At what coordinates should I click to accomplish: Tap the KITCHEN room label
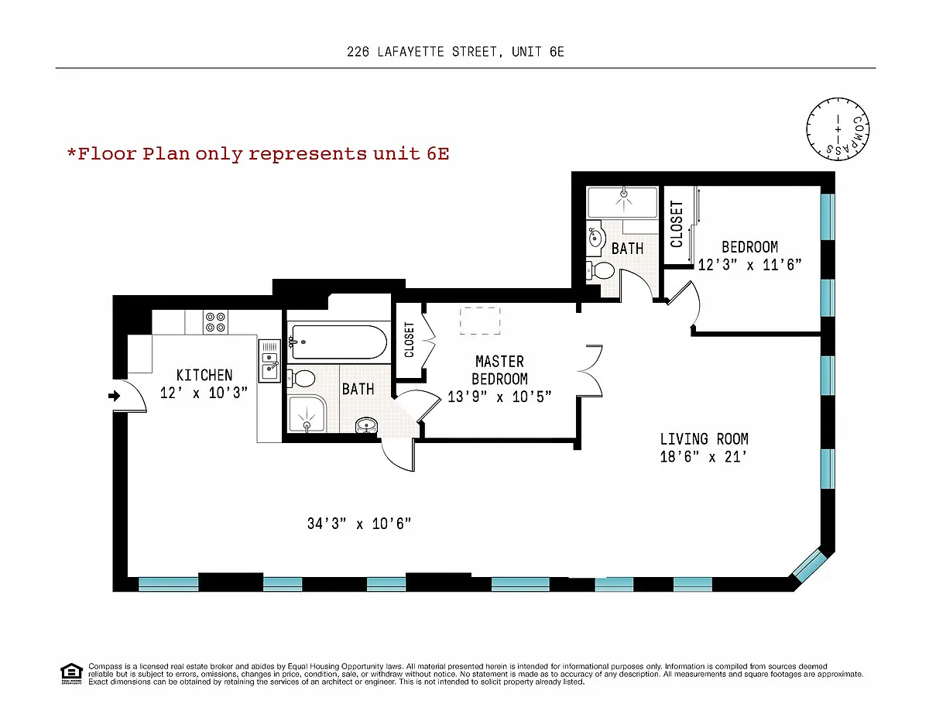[204, 375]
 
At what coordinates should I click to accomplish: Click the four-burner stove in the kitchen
[215, 322]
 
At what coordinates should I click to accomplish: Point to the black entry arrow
[114, 396]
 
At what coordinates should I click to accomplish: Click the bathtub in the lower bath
[338, 342]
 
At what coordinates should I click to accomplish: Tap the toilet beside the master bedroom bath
[301, 379]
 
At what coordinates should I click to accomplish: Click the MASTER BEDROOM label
[499, 370]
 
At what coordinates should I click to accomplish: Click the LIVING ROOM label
[704, 439]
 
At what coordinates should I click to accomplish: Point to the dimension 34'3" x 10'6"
[359, 524]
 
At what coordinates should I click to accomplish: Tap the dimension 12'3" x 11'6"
[750, 265]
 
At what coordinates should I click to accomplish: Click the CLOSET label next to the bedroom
[677, 224]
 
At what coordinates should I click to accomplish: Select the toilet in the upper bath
[601, 270]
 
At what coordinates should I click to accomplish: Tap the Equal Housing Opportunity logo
[71, 674]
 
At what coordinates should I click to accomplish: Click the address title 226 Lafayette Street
[455, 52]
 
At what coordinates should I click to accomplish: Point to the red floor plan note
[259, 153]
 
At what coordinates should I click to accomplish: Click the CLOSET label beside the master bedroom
[409, 340]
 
